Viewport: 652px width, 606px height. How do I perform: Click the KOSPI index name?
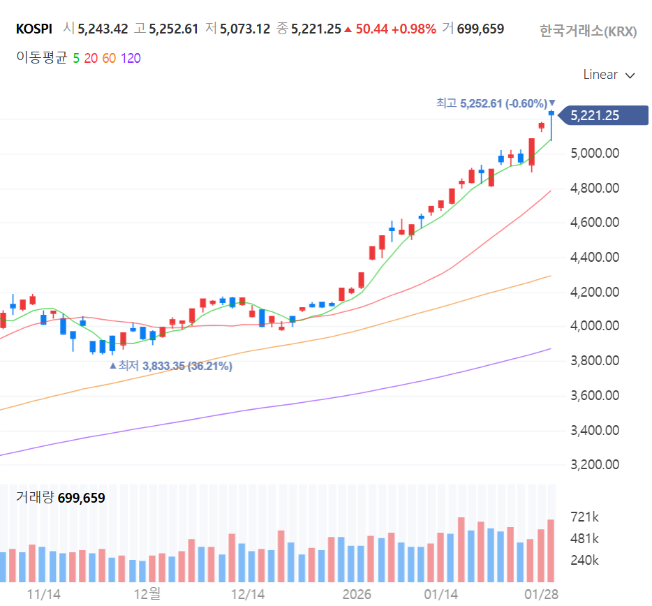(x=34, y=29)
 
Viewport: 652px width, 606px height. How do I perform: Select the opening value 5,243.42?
(x=103, y=29)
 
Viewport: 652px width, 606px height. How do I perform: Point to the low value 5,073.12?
(x=245, y=29)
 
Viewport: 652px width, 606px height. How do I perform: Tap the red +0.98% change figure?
(x=414, y=29)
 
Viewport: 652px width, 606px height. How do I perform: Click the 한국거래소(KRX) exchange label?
(x=588, y=31)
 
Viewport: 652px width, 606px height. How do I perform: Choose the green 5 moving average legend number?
(x=76, y=58)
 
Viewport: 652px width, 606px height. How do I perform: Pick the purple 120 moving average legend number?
(x=131, y=58)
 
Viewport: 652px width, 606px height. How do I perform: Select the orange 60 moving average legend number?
(x=109, y=58)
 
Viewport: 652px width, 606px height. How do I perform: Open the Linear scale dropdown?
(x=609, y=75)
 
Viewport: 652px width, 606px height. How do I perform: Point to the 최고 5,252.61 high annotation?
(x=496, y=103)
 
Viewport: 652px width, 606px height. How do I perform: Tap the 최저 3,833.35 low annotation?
(x=171, y=366)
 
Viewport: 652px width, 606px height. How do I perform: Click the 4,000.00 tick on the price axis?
(x=595, y=325)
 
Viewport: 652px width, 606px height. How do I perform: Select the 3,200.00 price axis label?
(x=595, y=464)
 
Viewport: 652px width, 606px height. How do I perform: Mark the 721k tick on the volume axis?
(x=585, y=517)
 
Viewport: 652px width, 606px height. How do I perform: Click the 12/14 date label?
(x=248, y=594)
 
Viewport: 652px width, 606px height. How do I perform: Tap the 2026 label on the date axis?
(x=357, y=594)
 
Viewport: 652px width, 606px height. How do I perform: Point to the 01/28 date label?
(x=542, y=594)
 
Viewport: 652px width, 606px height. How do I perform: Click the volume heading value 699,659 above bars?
(x=82, y=498)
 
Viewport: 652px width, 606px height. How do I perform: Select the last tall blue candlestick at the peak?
(x=551, y=126)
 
